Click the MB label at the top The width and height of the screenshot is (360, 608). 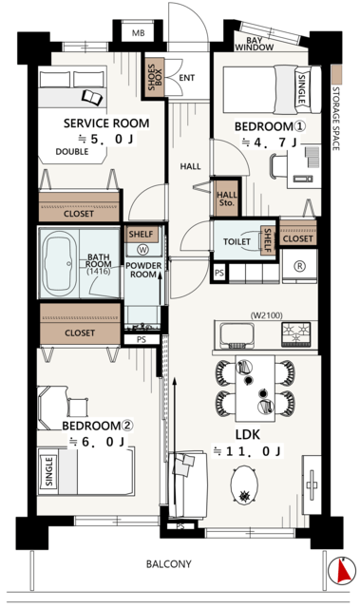[139, 33]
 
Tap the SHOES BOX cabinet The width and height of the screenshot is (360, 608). [155, 77]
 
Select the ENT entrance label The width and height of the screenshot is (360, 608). [186, 78]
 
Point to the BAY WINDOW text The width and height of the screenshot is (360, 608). [255, 45]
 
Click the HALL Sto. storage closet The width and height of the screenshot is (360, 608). [226, 199]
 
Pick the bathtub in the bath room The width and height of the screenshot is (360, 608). [59, 264]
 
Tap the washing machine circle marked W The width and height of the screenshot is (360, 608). [143, 250]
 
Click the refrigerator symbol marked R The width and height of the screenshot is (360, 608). [299, 266]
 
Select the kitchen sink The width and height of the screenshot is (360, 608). [237, 334]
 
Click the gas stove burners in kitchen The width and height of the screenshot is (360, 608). [295, 333]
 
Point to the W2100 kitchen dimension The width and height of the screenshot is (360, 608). [266, 315]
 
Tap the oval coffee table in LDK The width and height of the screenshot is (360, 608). [244, 484]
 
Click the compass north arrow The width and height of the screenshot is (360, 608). [342, 571]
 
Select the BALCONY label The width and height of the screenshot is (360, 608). [168, 563]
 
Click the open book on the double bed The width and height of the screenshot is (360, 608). [93, 97]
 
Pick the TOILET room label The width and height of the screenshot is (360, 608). [237, 241]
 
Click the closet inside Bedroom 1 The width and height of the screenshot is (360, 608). [297, 233]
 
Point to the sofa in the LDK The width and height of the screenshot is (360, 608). [188, 484]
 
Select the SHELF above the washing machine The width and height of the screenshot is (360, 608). [142, 235]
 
